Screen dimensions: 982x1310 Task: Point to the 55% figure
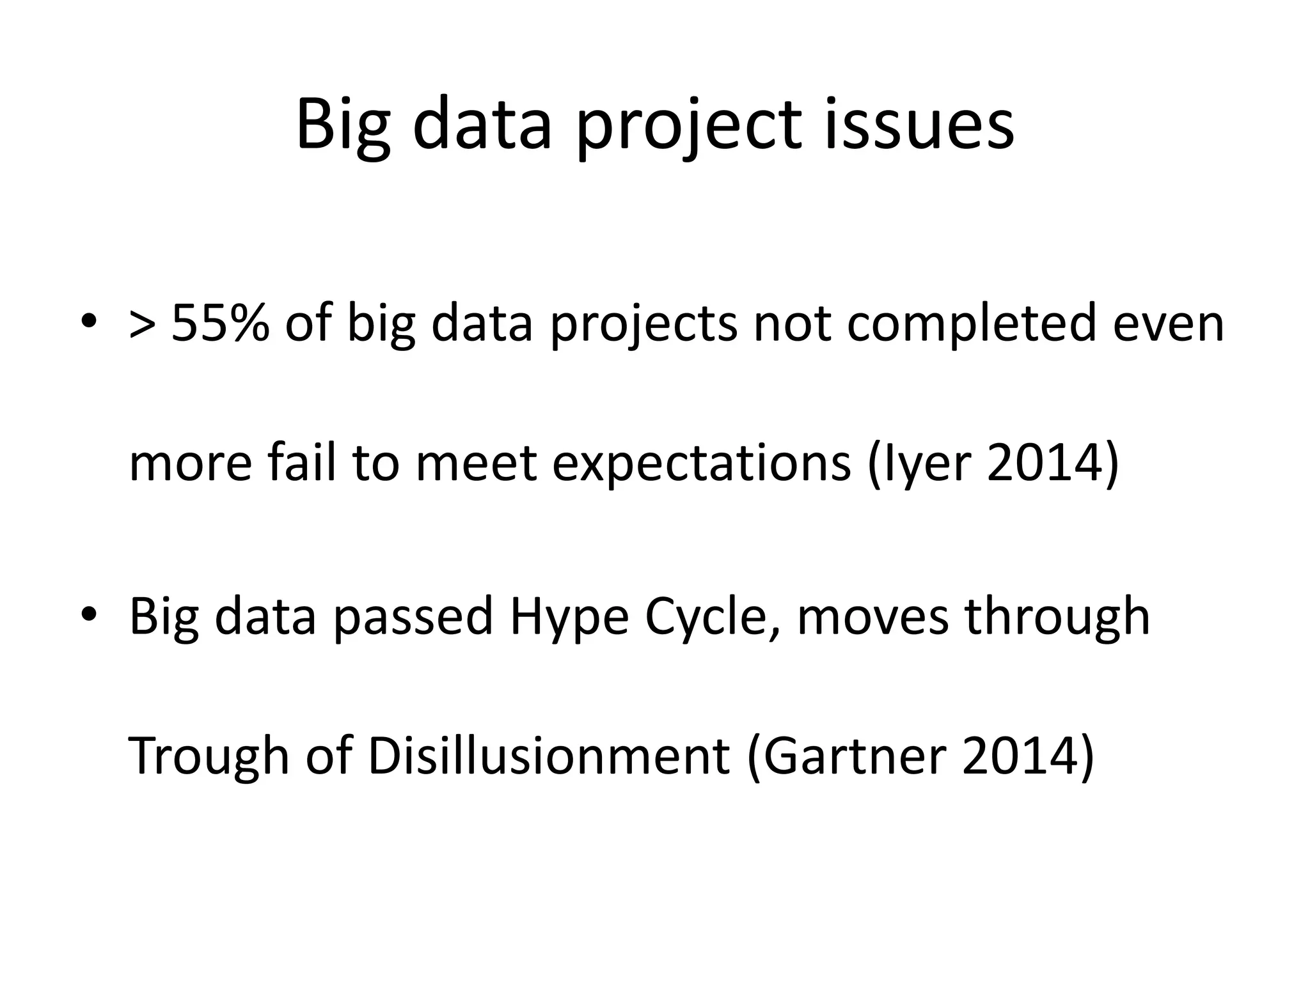point(220,323)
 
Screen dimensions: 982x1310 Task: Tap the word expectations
point(701,464)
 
